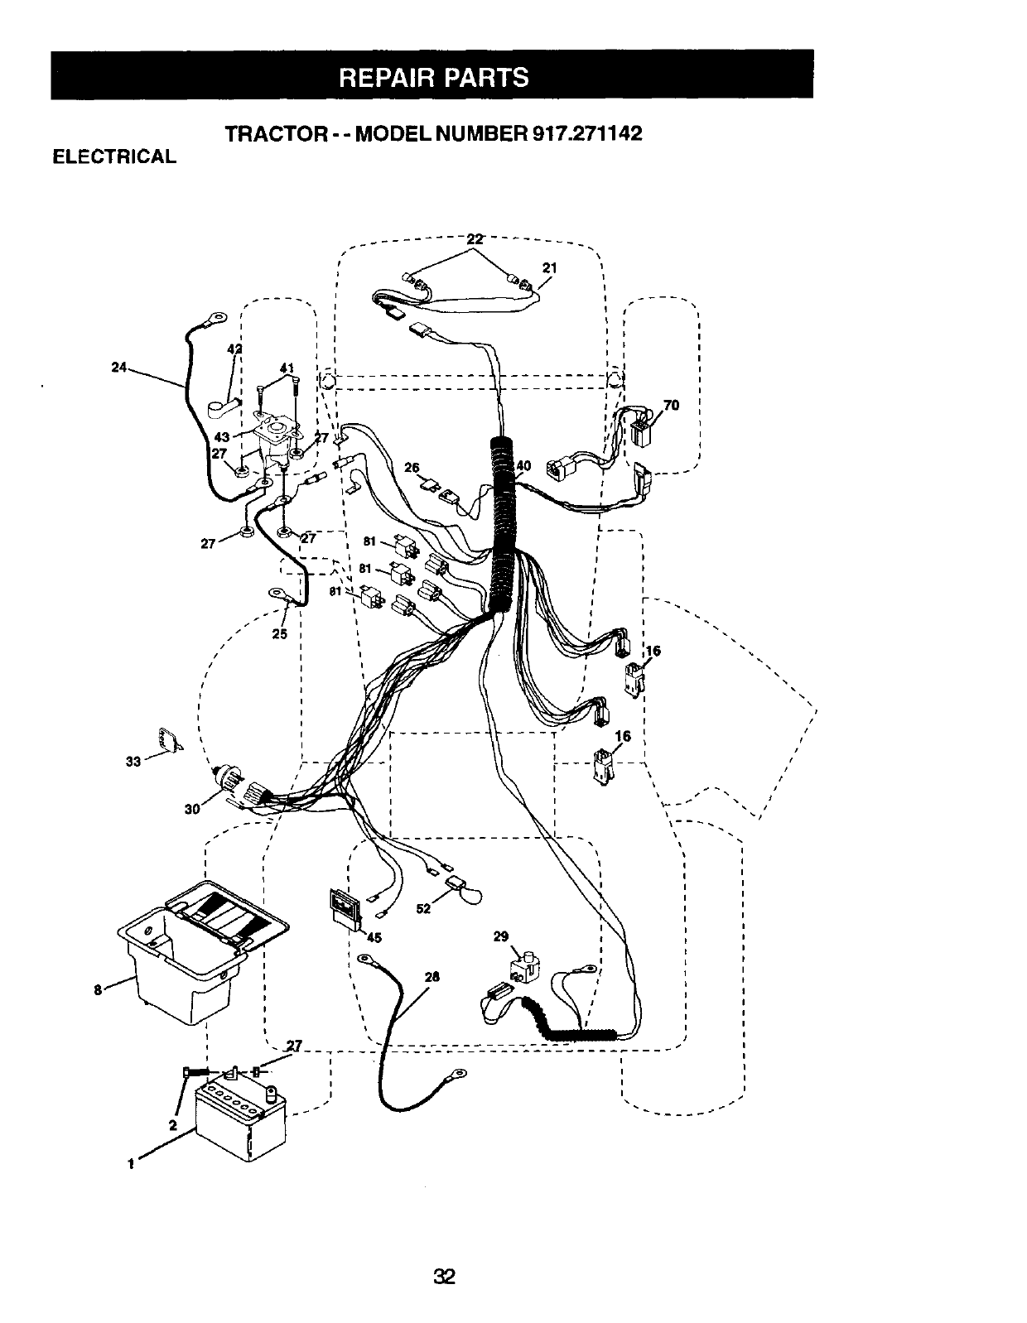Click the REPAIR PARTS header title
434,78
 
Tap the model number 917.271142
587,133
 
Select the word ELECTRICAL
114,156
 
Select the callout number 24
118,367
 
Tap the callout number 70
671,405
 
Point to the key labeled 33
170,739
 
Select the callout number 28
432,977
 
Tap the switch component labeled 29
525,968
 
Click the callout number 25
279,634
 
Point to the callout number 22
475,239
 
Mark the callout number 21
550,268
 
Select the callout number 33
133,762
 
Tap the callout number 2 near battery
173,1125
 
